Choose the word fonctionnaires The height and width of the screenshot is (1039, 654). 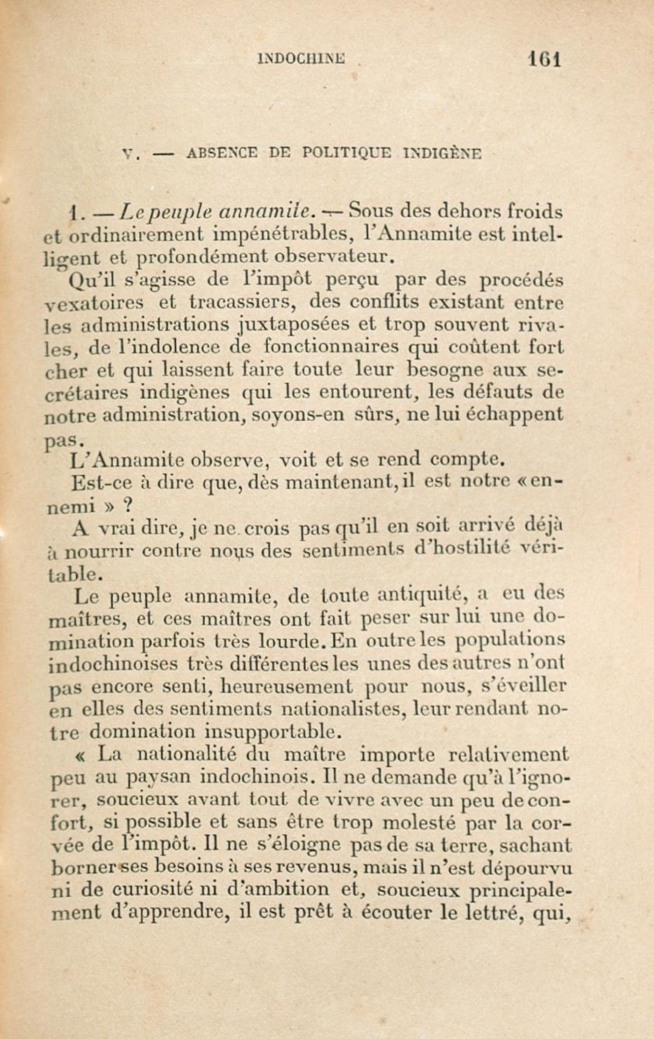pos(330,348)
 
